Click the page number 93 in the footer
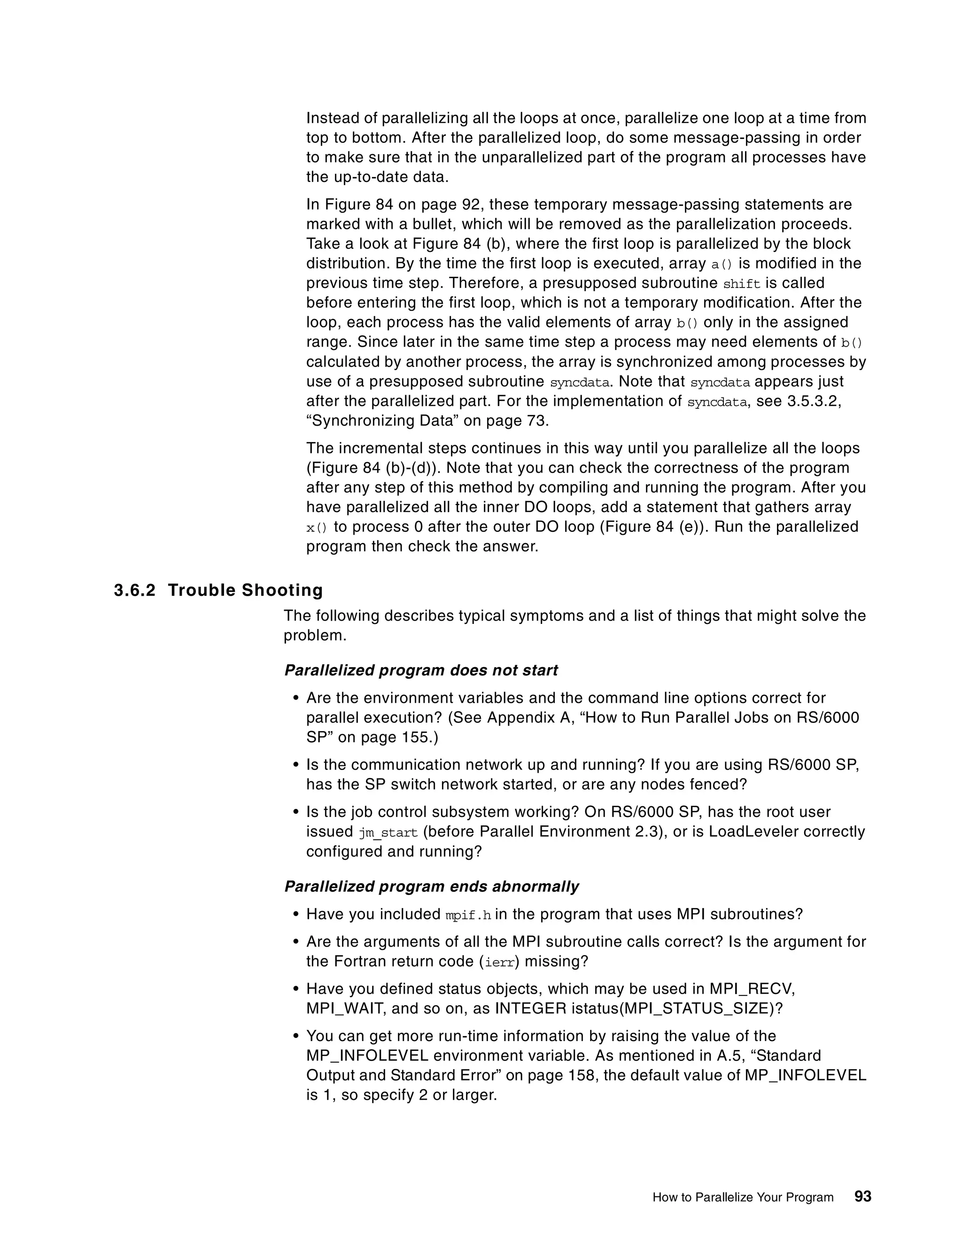point(863,1197)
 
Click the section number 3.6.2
point(134,590)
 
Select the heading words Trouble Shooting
point(245,590)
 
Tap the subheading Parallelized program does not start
point(420,670)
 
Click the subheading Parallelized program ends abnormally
point(431,887)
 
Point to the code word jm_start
point(388,833)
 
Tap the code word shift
point(741,284)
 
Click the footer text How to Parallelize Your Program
point(743,1197)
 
